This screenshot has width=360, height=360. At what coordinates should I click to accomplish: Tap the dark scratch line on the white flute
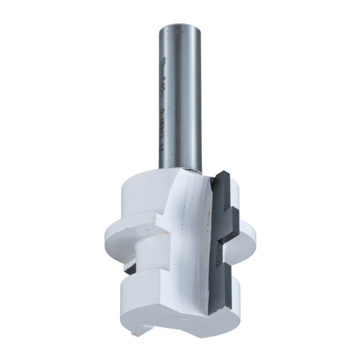coord(205,240)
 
